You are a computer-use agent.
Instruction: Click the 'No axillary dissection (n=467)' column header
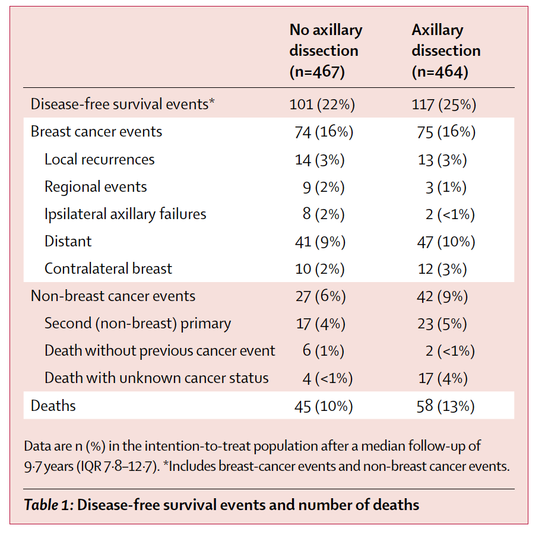[x=325, y=51]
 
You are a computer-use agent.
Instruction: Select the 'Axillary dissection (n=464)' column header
[x=446, y=51]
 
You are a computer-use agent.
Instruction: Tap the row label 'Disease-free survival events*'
[x=122, y=105]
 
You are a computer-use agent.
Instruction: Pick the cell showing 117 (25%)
[x=444, y=105]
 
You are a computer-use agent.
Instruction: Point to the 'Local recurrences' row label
[x=99, y=159]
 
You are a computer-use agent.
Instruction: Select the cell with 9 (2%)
[x=324, y=187]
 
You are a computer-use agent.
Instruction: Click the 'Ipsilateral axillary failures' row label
[x=125, y=214]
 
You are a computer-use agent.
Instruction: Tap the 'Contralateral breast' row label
[x=108, y=268]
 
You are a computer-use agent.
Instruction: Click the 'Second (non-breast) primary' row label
[x=138, y=324]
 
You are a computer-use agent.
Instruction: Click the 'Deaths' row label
[x=53, y=406]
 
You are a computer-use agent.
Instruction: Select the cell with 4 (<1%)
[x=324, y=378]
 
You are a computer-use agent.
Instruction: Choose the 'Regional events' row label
[x=96, y=186]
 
